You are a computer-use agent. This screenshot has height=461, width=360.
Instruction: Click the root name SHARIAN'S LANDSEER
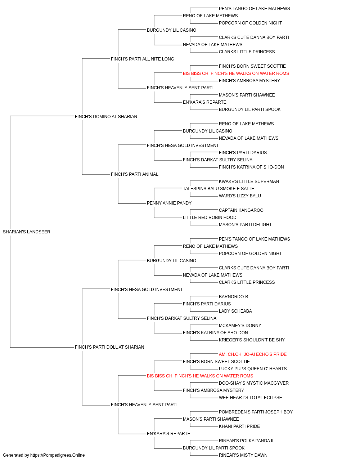tap(27, 232)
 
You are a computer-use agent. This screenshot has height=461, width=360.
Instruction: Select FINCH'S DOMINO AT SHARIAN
tap(106, 117)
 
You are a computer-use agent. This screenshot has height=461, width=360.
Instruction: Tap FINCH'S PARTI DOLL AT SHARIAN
tap(109, 347)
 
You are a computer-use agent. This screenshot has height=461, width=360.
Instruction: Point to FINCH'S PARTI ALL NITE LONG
tap(143, 59)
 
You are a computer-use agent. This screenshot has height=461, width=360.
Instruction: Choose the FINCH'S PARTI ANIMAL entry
tap(135, 174)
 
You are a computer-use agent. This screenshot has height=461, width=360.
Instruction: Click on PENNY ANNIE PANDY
tap(169, 203)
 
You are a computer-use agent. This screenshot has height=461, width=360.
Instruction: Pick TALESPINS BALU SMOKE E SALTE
tap(219, 189)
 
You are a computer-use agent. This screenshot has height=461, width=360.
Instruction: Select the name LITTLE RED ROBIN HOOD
tap(210, 218)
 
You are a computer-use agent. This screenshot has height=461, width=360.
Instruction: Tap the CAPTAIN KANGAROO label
tap(241, 210)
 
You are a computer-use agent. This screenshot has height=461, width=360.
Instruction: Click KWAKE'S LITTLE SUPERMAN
tap(249, 182)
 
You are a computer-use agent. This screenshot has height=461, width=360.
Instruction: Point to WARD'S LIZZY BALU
tap(240, 196)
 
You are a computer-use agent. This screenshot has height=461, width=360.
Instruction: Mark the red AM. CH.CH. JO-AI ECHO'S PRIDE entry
tap(253, 354)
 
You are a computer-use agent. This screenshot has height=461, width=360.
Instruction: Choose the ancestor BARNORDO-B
tap(233, 296)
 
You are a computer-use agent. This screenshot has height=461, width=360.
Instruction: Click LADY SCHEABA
tap(235, 311)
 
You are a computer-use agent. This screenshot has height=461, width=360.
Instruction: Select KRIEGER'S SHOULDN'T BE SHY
tap(252, 340)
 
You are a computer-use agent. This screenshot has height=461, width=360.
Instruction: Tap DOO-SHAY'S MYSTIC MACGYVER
tap(254, 383)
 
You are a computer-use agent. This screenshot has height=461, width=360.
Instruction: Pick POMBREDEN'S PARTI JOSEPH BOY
tap(256, 412)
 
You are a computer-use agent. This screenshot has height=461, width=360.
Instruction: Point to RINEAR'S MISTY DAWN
tap(243, 455)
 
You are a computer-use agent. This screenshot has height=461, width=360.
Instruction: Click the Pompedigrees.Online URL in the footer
tap(58, 455)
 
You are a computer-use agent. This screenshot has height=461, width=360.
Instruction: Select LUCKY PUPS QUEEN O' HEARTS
tap(253, 369)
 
